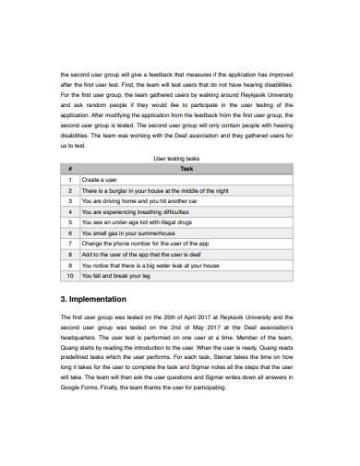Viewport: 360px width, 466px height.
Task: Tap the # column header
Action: [x=70, y=170]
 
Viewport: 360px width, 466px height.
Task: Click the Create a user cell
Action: [x=102, y=180]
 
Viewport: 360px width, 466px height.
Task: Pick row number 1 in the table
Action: [x=70, y=180]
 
